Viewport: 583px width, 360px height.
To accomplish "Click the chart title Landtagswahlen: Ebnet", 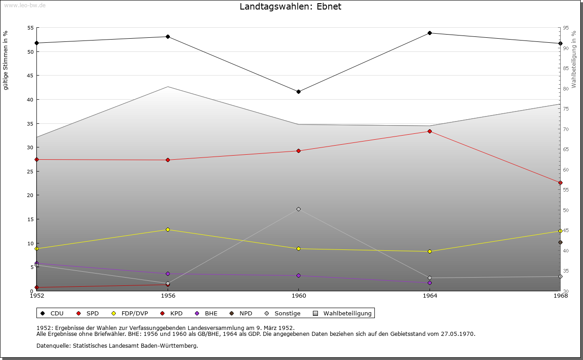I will (290, 6).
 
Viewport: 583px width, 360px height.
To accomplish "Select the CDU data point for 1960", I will (298, 91).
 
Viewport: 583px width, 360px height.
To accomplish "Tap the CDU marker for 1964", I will (430, 33).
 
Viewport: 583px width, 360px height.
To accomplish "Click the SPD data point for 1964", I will (430, 131).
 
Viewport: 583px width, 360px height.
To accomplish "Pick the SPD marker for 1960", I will (298, 151).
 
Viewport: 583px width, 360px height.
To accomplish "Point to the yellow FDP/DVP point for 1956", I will (168, 229).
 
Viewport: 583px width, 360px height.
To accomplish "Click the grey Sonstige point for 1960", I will (298, 209).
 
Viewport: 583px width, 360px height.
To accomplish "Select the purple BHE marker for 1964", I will (430, 283).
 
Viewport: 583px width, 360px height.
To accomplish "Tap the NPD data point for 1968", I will (560, 242).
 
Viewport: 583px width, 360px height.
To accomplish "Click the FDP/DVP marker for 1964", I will (430, 251).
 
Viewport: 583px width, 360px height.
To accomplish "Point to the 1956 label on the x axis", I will (168, 296).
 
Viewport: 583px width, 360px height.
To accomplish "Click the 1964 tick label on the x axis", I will (430, 296).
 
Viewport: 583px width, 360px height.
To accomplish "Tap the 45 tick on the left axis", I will (31, 76).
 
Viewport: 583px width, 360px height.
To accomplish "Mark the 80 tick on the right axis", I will (566, 89).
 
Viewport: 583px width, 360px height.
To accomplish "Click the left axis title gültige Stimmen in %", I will (6, 60).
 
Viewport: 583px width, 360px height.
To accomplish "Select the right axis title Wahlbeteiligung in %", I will (574, 60).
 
